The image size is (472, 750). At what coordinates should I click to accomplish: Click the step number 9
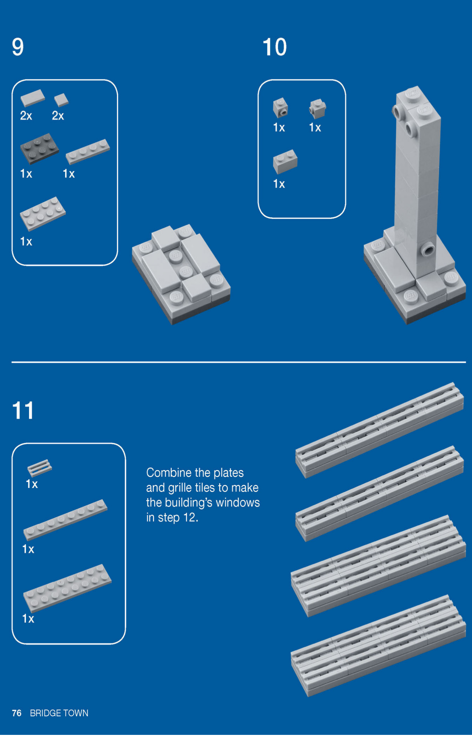click(x=18, y=47)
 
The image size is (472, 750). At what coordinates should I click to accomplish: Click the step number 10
click(x=275, y=47)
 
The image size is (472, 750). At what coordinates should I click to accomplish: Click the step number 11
click(x=23, y=410)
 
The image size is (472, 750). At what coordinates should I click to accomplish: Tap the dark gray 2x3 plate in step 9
click(x=39, y=148)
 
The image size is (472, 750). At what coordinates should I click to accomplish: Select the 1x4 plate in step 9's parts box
click(x=88, y=152)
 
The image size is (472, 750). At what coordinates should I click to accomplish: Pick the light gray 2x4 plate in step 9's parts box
click(x=43, y=213)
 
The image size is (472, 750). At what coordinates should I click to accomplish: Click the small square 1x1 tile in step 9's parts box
click(x=61, y=100)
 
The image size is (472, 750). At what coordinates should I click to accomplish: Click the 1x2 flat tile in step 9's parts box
click(x=33, y=98)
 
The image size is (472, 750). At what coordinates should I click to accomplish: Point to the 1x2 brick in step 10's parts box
click(x=285, y=162)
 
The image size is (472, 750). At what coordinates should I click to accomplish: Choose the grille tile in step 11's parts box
click(x=40, y=468)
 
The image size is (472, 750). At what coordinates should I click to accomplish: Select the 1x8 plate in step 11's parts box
click(x=65, y=520)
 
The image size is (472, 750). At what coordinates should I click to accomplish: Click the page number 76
click(x=17, y=713)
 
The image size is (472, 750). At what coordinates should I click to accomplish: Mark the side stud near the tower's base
click(x=428, y=250)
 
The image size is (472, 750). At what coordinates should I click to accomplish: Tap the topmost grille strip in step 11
click(x=379, y=430)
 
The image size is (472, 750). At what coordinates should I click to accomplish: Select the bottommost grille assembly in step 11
click(x=378, y=645)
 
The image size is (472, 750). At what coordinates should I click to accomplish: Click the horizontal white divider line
click(x=239, y=362)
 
